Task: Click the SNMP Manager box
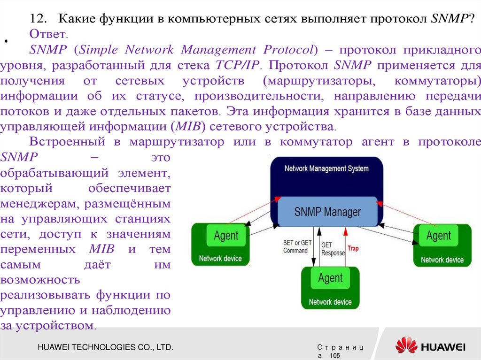[327, 212]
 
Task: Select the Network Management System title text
[326, 169]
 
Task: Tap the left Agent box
[226, 236]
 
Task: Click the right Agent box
[438, 236]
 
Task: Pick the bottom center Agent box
[330, 278]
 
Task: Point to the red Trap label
[352, 248]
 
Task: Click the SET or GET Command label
[297, 246]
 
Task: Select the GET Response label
[333, 249]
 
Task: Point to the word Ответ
[48, 34]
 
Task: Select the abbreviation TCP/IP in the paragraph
[237, 65]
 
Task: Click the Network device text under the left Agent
[220, 258]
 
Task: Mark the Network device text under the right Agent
[442, 260]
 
